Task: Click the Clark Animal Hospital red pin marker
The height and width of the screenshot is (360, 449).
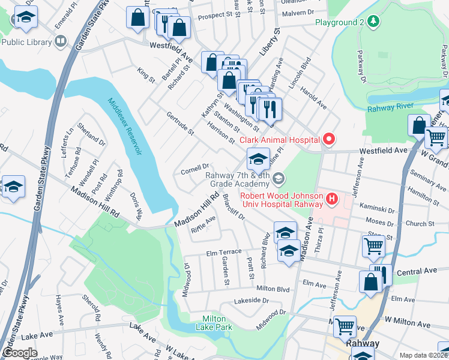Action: [328, 140]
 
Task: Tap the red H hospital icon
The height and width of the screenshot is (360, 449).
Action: [330, 197]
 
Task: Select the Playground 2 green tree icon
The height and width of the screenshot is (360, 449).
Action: [374, 22]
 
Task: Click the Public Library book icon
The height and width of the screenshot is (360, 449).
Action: [60, 41]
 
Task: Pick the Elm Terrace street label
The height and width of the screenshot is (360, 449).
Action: [224, 253]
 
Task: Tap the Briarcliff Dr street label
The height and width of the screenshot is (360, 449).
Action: [234, 207]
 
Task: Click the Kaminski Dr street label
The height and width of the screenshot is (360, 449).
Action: [379, 211]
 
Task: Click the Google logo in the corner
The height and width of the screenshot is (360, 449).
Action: [20, 353]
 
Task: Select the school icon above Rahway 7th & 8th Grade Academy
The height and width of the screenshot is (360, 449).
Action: [258, 159]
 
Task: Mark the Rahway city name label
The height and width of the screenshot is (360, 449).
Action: [362, 344]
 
